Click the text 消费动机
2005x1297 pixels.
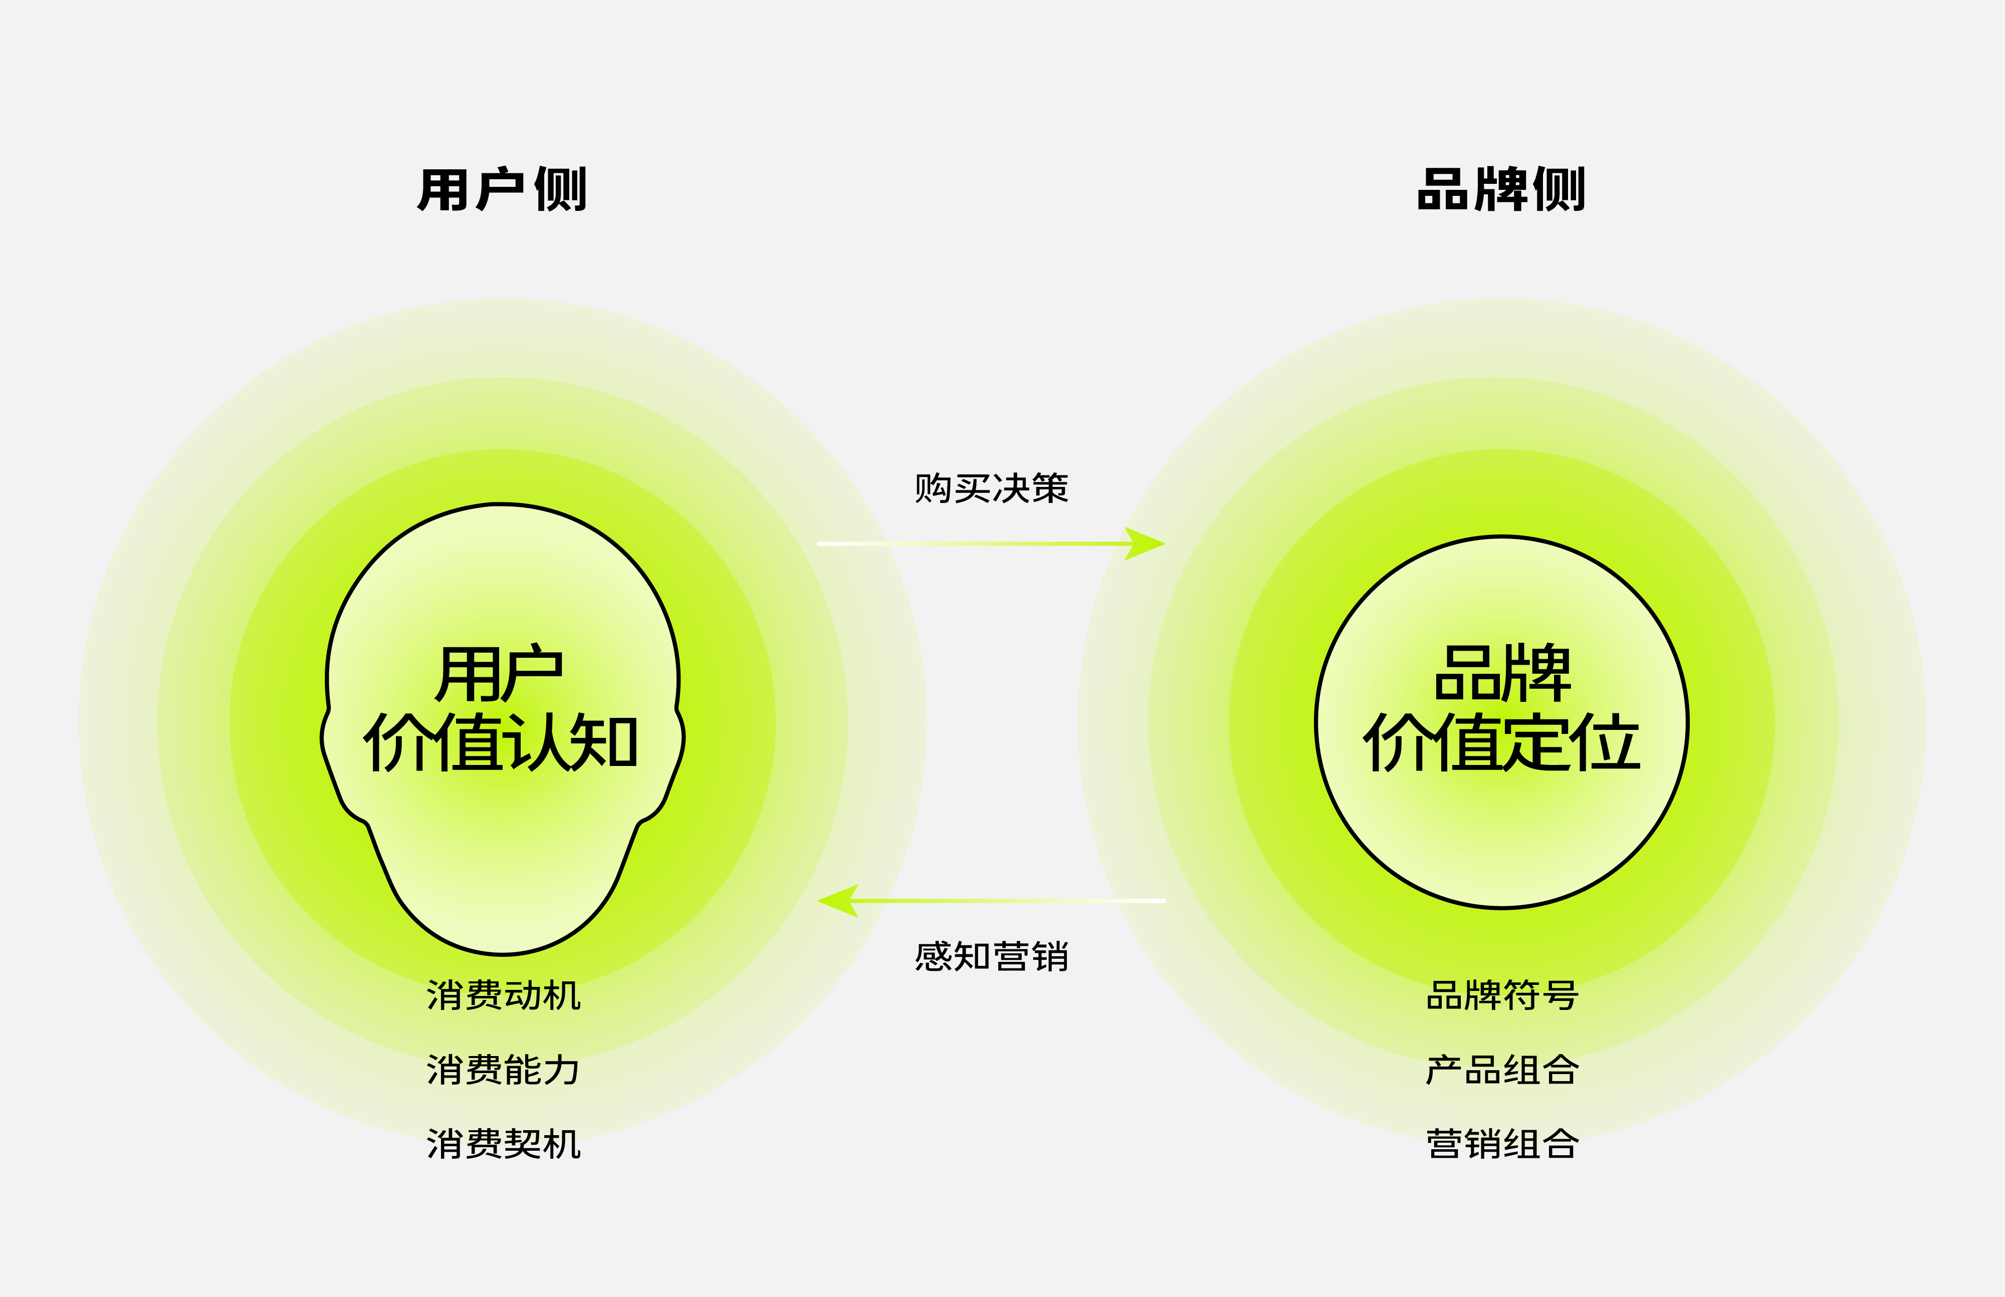click(504, 995)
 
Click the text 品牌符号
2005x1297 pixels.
click(1502, 995)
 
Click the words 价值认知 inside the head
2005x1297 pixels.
click(501, 743)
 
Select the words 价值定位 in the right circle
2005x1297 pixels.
click(1502, 743)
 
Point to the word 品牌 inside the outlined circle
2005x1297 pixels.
click(1502, 674)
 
